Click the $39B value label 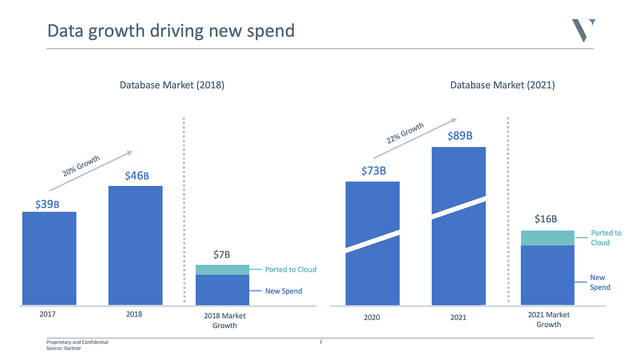[x=47, y=204]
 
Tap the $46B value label [x=137, y=175]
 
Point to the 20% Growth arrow [x=91, y=171]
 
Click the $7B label [x=222, y=255]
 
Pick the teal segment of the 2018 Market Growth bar [x=223, y=270]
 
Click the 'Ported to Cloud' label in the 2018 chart [x=291, y=269]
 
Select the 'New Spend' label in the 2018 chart [x=283, y=291]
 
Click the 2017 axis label [x=48, y=314]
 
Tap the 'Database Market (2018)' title [x=172, y=85]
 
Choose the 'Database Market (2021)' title [x=502, y=85]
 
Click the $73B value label [x=374, y=171]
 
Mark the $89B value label [x=460, y=136]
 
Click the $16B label [x=546, y=219]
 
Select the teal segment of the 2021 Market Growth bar [x=548, y=238]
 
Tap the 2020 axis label [x=372, y=317]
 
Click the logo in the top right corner [x=583, y=30]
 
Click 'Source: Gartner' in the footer [x=64, y=349]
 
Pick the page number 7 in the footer [x=320, y=342]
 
